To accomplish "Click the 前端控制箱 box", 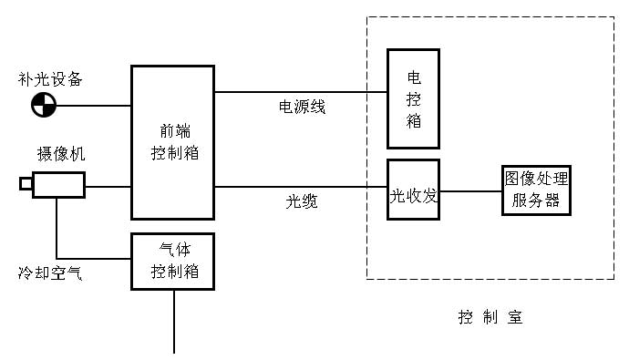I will click(172, 142).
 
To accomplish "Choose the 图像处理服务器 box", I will click(536, 190).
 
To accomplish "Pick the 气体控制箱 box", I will click(172, 261).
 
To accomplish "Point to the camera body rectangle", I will click(58, 185).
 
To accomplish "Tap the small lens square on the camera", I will click(26, 185).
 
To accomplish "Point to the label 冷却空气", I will click(50, 272).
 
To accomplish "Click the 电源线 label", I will click(302, 108).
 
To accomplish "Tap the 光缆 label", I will click(302, 202).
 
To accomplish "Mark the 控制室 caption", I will click(490, 317).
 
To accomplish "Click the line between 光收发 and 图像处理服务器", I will click(470, 191).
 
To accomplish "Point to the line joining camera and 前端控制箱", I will click(108, 187).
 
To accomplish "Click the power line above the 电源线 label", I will click(301, 92).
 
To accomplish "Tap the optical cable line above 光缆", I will click(301, 188).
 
